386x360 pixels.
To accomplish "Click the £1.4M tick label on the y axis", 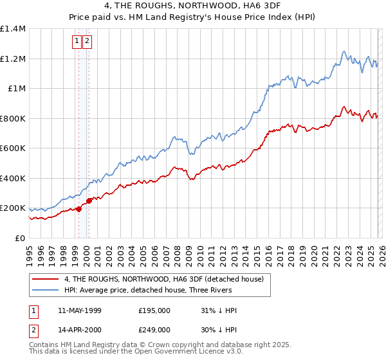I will pyautogui.click(x=13, y=29).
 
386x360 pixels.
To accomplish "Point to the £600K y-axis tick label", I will pyautogui.click(x=13, y=148).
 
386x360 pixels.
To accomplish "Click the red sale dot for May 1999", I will pyautogui.click(x=78, y=209).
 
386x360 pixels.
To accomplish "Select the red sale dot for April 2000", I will pyautogui.click(x=89, y=201).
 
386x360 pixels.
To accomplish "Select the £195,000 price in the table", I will pyautogui.click(x=154, y=310).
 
